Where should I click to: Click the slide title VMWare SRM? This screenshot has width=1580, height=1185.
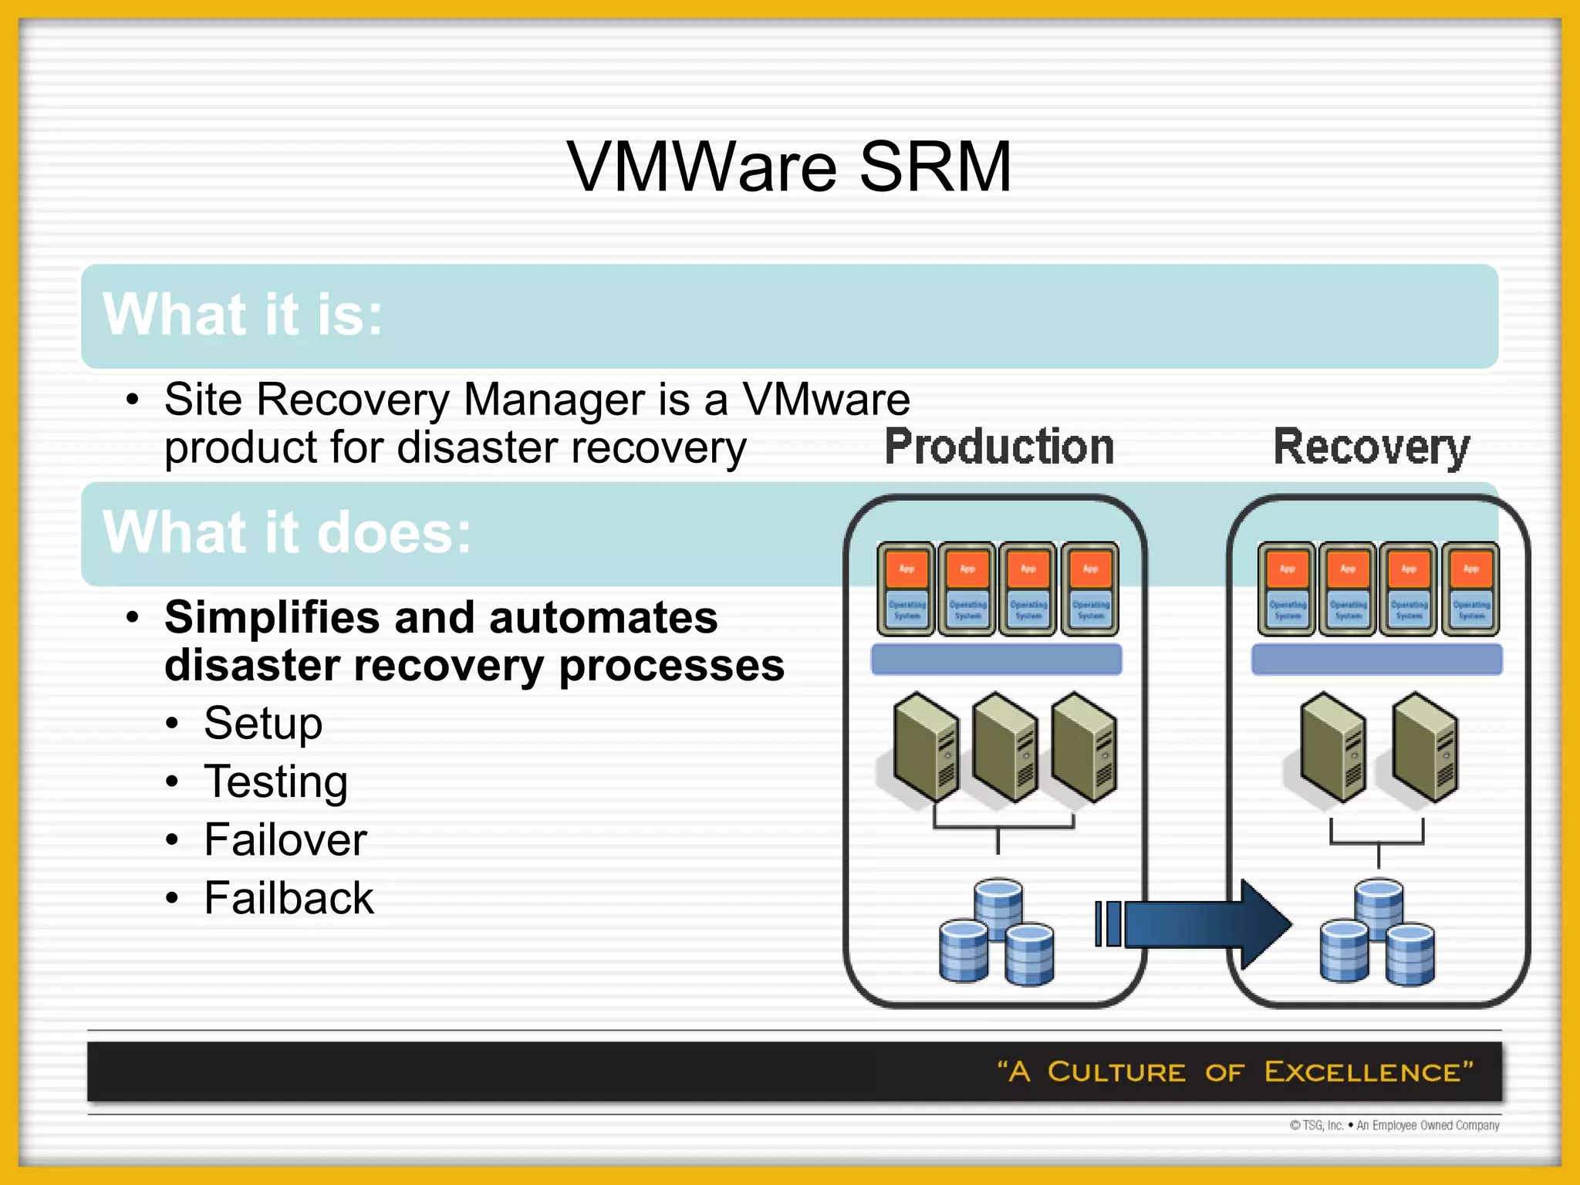[788, 167]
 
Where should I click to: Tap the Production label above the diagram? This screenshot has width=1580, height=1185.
[999, 447]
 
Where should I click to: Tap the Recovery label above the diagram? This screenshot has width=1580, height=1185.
[1371, 447]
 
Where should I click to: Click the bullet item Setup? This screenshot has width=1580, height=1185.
[263, 724]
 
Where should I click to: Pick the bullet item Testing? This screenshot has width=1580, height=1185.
[275, 782]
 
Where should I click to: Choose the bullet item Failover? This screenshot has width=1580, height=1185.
[285, 839]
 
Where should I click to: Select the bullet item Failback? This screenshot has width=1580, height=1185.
[289, 898]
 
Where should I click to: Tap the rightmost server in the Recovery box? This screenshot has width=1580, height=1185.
[1426, 747]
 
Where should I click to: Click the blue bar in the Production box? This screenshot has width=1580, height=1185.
[996, 660]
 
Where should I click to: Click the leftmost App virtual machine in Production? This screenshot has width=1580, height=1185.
[906, 589]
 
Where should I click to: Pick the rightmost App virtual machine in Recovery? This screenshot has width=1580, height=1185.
[1470, 589]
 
